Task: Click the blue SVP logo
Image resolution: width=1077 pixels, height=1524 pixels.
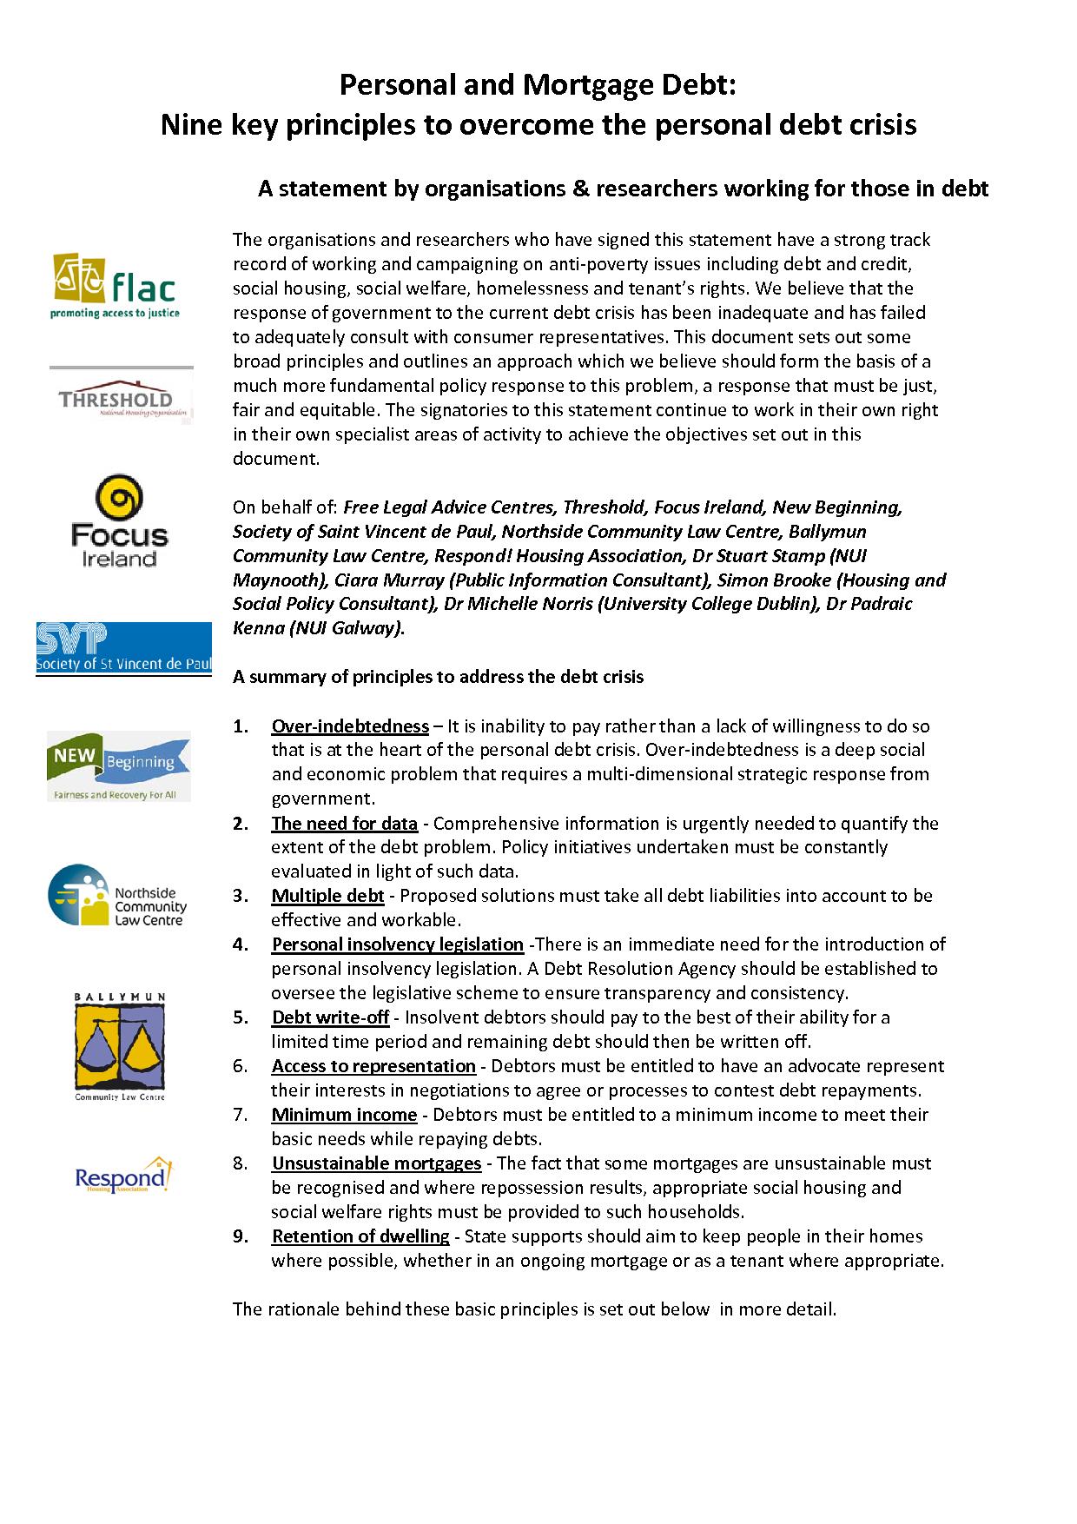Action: [x=123, y=649]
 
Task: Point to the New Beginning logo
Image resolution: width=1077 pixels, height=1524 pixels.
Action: [x=119, y=765]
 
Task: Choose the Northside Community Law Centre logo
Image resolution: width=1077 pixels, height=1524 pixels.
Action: [x=117, y=896]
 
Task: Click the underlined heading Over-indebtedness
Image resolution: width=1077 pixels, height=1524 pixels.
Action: [x=350, y=726]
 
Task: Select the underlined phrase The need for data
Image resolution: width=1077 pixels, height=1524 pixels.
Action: [x=344, y=824]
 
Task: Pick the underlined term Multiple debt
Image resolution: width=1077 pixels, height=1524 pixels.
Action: [x=327, y=896]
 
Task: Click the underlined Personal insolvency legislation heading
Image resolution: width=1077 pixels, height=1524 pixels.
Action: [x=397, y=944]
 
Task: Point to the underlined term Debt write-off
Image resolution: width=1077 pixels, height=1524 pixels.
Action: [x=330, y=1017]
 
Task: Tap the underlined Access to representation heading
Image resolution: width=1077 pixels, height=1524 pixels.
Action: [x=373, y=1066]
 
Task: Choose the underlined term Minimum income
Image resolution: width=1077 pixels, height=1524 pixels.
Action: [x=344, y=1115]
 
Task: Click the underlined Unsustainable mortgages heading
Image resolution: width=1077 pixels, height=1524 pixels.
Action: [x=376, y=1163]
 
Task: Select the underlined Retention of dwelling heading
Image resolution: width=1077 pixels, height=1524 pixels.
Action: [x=360, y=1236]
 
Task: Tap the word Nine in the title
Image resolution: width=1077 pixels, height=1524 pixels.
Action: [x=191, y=125]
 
